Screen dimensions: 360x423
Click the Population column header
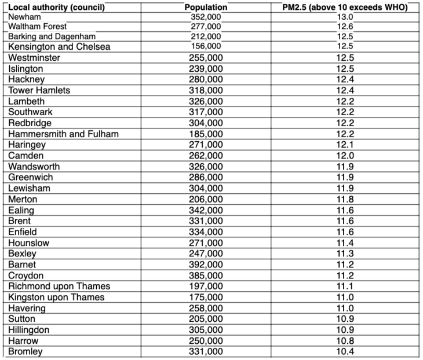(x=206, y=8)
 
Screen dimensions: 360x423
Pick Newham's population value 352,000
(x=206, y=17)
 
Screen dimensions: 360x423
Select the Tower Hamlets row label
(x=39, y=90)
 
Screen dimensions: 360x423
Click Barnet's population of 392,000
(x=206, y=265)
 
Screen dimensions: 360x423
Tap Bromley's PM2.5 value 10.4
(x=346, y=351)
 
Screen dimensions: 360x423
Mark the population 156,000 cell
(x=206, y=46)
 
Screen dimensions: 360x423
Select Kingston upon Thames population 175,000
(x=206, y=297)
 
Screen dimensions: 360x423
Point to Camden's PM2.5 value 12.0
(x=346, y=156)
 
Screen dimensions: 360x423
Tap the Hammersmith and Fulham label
(x=64, y=134)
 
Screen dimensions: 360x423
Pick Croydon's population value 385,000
(x=206, y=275)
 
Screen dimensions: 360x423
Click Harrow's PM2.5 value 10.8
(x=346, y=340)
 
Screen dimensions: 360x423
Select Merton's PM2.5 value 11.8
(x=346, y=199)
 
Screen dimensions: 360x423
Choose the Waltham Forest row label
(x=38, y=27)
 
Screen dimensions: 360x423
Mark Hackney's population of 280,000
(x=206, y=79)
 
